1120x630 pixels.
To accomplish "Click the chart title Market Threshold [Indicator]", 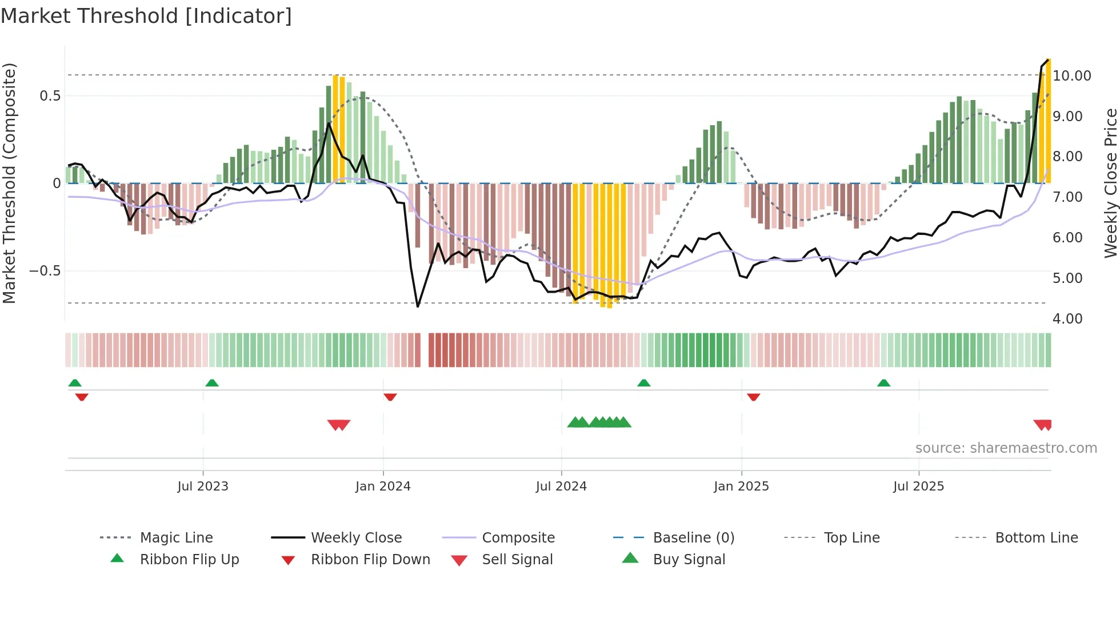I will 146,16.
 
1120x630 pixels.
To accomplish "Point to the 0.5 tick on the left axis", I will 50,95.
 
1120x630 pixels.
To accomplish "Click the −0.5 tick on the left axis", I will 45,271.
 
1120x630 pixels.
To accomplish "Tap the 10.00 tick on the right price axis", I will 1072,75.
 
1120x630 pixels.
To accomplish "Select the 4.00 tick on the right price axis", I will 1067,318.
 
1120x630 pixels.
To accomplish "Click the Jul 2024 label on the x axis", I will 561,487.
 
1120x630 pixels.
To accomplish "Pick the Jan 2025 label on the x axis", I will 741,487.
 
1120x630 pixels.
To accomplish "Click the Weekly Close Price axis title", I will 1110,183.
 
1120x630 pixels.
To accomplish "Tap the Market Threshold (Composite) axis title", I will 9,183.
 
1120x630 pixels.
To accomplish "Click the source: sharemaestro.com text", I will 1006,448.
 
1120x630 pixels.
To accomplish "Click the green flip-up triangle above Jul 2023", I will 212,383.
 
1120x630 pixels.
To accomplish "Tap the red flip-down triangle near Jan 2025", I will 753,397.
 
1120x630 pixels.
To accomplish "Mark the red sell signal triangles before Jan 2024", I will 339,425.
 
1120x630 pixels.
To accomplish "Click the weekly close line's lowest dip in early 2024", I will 418,306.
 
